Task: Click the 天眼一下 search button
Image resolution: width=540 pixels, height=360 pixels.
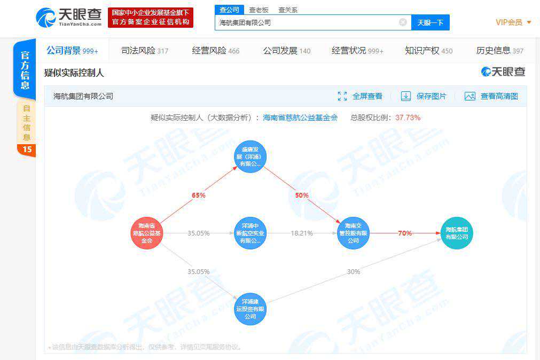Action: (430, 22)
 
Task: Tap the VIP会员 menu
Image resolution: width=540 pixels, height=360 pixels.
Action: (513, 22)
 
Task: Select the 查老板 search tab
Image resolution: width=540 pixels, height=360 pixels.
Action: (259, 10)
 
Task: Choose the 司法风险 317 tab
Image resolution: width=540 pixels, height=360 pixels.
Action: (144, 51)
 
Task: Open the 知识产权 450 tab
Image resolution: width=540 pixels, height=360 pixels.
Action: (428, 51)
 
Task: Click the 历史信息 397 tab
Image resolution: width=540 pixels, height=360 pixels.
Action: (499, 51)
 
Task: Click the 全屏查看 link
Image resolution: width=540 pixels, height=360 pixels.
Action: (361, 96)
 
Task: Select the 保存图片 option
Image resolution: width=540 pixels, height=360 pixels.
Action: (424, 96)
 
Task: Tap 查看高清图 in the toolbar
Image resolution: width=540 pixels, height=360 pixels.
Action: (492, 96)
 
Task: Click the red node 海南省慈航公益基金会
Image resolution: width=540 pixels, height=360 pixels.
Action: (146, 233)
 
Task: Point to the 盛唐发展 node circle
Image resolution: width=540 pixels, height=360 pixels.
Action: (251, 157)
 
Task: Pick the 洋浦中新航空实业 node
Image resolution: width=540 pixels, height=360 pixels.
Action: (251, 233)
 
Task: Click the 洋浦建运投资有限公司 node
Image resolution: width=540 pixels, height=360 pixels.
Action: (251, 309)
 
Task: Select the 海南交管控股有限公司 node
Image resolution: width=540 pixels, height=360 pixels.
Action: (354, 233)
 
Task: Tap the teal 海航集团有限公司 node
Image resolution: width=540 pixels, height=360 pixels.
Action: (457, 233)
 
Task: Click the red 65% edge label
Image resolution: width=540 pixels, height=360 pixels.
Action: (199, 195)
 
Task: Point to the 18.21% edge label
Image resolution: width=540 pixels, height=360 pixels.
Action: (302, 233)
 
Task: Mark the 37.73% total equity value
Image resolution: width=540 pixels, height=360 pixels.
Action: (408, 118)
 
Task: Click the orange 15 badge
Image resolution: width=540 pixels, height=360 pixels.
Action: (27, 150)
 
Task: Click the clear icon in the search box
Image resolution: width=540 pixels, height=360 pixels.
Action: (403, 22)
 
